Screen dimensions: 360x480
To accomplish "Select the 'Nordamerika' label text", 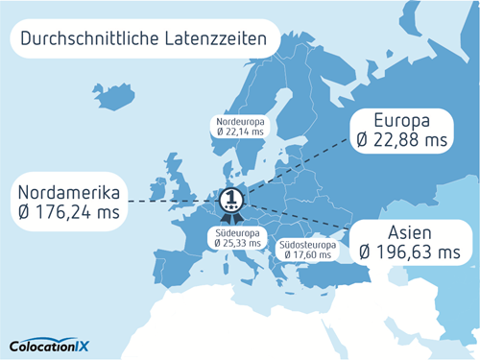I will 68,189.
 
